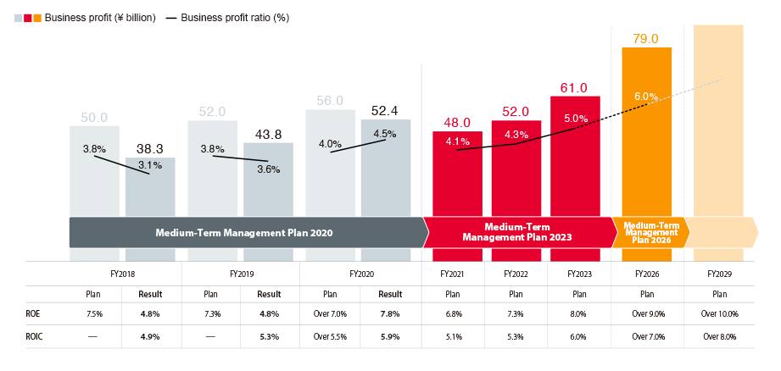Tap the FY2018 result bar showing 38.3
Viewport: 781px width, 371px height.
click(150, 191)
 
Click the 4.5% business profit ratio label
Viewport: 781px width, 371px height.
click(385, 133)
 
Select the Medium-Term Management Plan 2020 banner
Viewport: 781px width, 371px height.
click(243, 232)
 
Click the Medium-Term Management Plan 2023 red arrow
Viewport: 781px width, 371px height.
click(517, 232)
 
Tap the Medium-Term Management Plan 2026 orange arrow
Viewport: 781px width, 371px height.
click(649, 232)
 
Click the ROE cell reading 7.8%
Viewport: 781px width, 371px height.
click(389, 313)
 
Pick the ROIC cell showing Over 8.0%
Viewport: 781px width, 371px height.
click(719, 336)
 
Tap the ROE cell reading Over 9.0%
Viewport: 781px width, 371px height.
click(647, 313)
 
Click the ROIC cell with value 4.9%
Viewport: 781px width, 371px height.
click(150, 336)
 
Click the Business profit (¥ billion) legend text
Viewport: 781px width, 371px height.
click(100, 18)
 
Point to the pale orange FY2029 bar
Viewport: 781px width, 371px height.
click(718, 127)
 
